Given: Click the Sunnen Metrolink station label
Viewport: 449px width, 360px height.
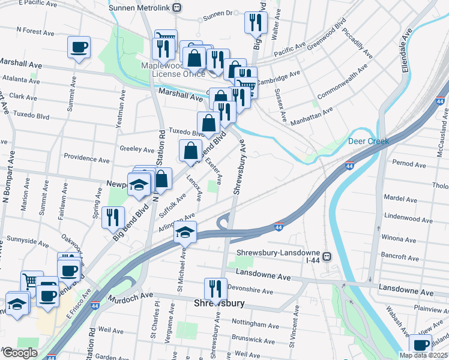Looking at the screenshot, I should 140,7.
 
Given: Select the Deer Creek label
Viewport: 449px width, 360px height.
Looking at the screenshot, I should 369,142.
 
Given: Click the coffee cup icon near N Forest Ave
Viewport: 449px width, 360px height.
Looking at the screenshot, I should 79,47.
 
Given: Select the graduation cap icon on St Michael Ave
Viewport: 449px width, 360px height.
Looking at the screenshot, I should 185,232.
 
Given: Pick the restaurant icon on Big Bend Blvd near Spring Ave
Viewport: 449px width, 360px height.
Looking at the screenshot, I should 112,218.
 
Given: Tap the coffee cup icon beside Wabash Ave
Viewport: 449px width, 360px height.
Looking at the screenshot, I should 421,346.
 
